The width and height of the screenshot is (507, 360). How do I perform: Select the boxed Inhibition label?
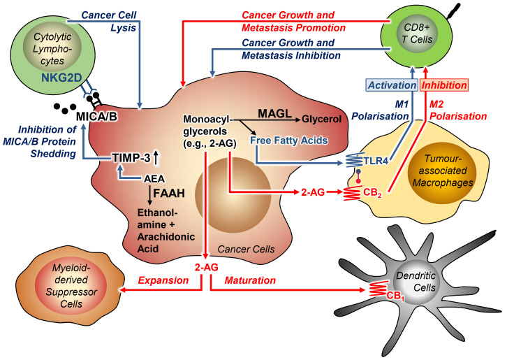[447, 86]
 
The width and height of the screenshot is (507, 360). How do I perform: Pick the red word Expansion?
[165, 280]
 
